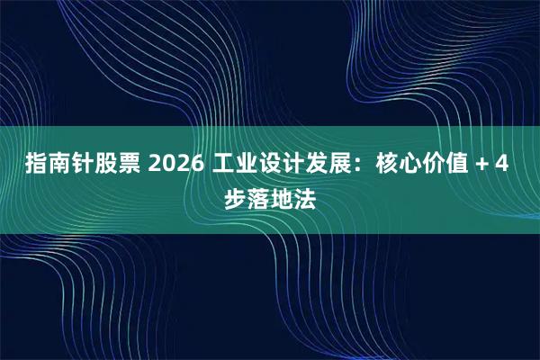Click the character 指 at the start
click(x=38, y=166)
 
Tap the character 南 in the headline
click(x=61, y=166)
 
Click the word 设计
click(x=287, y=166)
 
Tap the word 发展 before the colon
click(x=334, y=166)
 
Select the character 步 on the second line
click(x=235, y=198)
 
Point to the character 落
click(x=258, y=198)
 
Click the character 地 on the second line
click(x=282, y=198)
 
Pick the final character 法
click(x=305, y=198)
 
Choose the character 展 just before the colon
click(x=346, y=166)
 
